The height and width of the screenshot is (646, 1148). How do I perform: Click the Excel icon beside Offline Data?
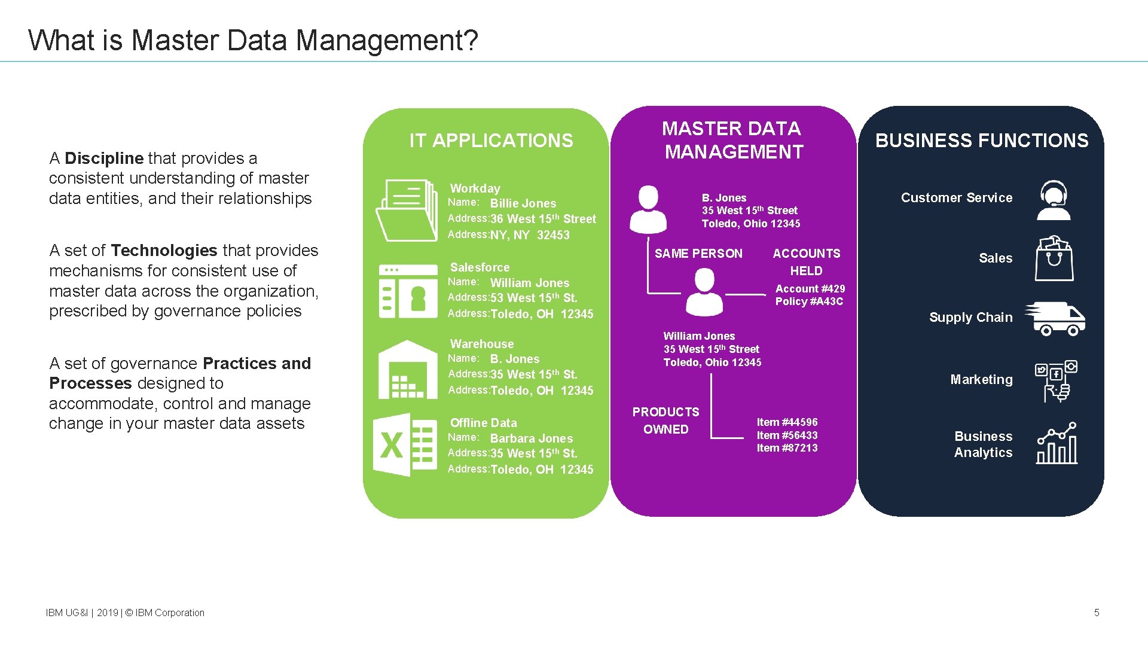pos(405,444)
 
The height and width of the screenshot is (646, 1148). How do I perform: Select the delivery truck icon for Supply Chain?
pos(1055,318)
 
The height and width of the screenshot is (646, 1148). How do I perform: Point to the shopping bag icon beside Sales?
pos(1054,258)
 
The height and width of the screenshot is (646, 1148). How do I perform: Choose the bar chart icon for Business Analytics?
pos(1057,443)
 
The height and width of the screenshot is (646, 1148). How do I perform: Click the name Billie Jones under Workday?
pos(523,203)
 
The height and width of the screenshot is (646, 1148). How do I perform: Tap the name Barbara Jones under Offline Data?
pos(531,438)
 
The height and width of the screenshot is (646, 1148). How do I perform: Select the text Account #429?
pos(810,289)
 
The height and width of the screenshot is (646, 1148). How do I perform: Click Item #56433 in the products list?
pos(787,435)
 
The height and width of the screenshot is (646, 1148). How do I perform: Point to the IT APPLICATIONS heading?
pos(491,141)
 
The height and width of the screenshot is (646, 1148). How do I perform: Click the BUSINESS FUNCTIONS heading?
pos(981,141)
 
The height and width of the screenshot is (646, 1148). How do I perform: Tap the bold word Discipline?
pos(103,159)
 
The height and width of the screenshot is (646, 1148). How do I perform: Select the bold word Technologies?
pos(164,251)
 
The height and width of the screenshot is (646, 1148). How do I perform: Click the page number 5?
pos(1097,613)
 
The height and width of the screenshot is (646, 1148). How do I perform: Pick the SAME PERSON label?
pos(698,254)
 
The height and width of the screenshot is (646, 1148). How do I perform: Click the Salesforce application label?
pos(480,267)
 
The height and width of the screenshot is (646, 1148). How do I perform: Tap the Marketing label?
pos(981,380)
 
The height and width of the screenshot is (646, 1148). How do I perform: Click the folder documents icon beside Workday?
pos(407,211)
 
